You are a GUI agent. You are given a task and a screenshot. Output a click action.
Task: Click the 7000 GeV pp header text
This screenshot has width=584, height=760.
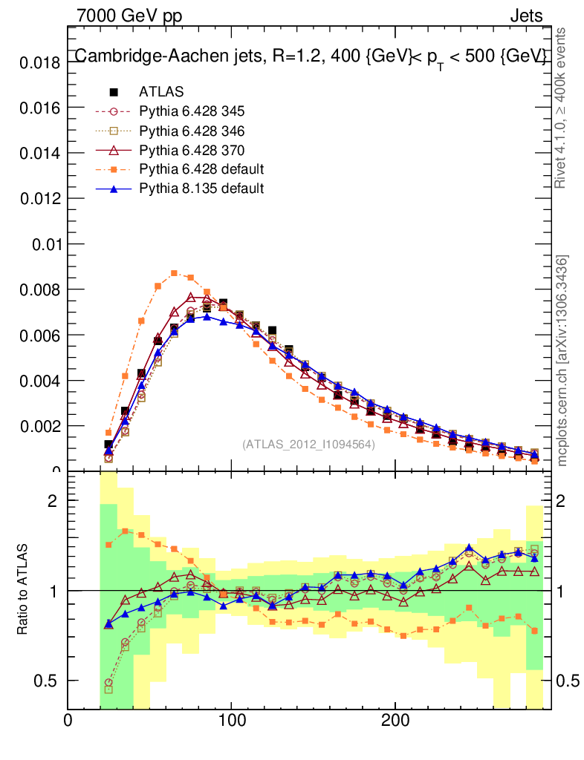click(x=129, y=16)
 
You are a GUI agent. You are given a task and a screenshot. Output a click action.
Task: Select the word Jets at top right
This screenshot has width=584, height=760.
click(x=525, y=16)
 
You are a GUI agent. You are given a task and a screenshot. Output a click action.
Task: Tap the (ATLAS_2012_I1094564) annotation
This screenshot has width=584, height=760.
click(x=308, y=445)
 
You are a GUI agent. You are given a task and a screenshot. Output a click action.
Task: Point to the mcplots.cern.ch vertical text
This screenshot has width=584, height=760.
click(x=562, y=361)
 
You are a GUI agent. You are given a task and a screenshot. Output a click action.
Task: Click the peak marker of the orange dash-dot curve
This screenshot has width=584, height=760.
click(x=175, y=273)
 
